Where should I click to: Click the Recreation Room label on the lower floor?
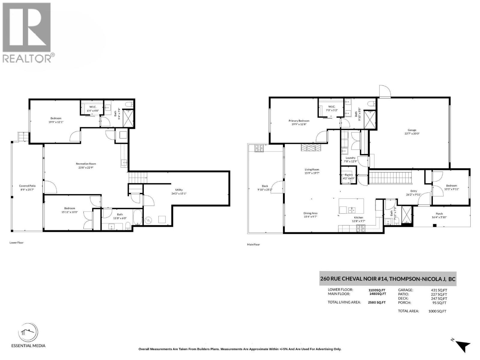pyautogui.click(x=86, y=164)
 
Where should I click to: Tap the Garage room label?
pyautogui.click(x=412, y=130)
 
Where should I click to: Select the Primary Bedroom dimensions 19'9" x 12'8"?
pyautogui.click(x=299, y=124)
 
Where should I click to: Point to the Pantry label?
pyautogui.click(x=349, y=175)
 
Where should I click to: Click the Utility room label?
pyautogui.click(x=179, y=190)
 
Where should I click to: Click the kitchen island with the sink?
pyautogui.click(x=351, y=206)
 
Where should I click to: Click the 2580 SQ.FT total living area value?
pyautogui.click(x=377, y=302)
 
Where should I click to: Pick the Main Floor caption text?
pyautogui.click(x=253, y=244)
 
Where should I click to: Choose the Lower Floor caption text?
pyautogui.click(x=16, y=243)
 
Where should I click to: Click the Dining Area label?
pyautogui.click(x=310, y=213)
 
